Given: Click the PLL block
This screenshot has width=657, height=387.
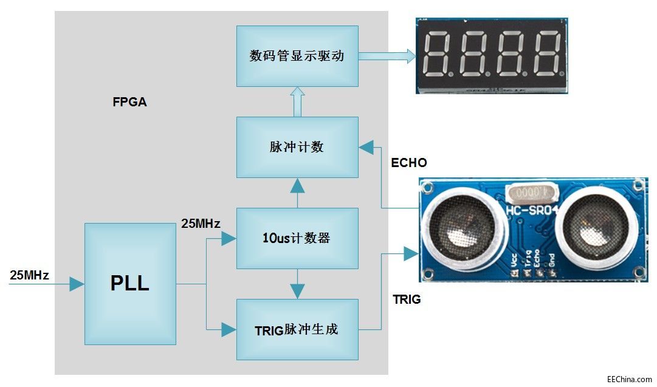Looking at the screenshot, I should click(x=130, y=284).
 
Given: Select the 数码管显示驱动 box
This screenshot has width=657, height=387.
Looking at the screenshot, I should click(x=297, y=56).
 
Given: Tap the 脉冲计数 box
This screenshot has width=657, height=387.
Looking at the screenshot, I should click(x=297, y=147).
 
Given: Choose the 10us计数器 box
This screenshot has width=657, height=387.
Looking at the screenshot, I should click(x=297, y=238).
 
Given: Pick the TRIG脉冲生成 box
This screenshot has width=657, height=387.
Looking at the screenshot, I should click(x=297, y=329).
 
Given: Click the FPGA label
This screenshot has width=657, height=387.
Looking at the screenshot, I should click(x=129, y=102).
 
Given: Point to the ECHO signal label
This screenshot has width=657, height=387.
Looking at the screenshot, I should click(x=409, y=163).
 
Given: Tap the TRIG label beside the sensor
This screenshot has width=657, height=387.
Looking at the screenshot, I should click(x=407, y=300).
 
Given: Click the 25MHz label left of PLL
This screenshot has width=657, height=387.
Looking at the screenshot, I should click(x=29, y=275).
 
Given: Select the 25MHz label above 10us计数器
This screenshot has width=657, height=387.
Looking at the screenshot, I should click(x=201, y=224).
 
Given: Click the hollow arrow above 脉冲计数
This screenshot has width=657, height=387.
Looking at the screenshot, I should click(x=297, y=101).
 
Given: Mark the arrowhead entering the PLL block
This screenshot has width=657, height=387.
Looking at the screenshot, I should click(x=77, y=284).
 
